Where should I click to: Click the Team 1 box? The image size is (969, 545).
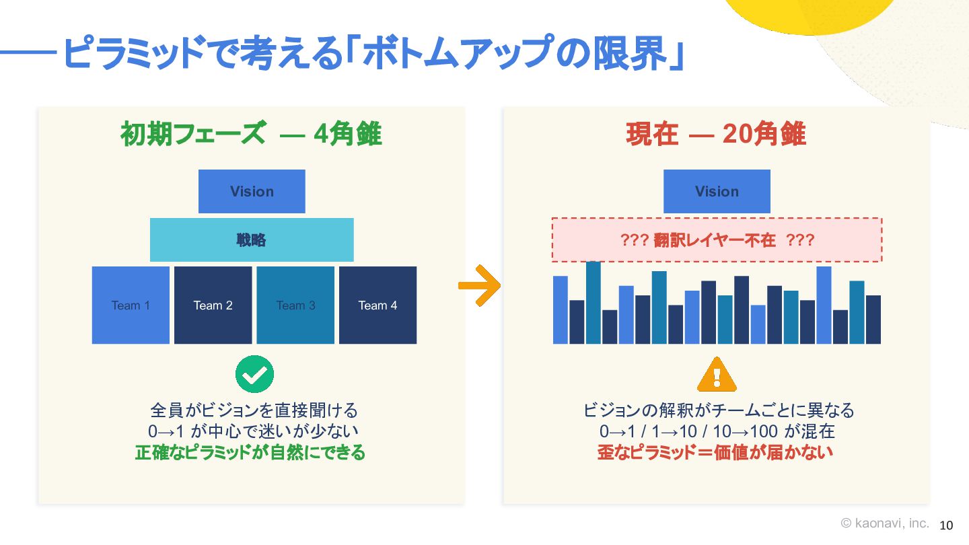point(131,305)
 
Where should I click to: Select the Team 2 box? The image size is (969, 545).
point(213,305)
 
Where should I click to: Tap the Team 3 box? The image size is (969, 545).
point(295,305)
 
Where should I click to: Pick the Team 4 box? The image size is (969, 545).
point(378,305)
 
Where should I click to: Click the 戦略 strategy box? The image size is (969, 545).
point(252,240)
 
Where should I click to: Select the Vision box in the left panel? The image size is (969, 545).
point(252,191)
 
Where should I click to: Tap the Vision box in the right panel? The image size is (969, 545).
point(717,191)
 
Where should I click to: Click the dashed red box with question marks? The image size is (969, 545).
point(717,240)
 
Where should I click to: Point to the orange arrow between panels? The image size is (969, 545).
point(479,285)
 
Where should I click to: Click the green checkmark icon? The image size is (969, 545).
point(254,374)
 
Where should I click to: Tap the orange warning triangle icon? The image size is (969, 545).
point(717,375)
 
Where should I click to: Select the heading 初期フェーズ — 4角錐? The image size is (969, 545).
point(251,134)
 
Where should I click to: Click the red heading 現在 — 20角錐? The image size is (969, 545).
point(716,134)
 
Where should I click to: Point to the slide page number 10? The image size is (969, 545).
point(946,525)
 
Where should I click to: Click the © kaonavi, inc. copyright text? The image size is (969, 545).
point(885,523)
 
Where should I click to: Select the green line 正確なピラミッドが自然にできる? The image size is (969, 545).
point(250,452)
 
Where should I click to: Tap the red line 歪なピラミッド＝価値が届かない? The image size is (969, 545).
point(715,452)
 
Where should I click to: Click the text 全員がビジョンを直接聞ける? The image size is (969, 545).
point(254,410)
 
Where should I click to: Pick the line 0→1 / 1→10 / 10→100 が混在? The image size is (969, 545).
point(717,431)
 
